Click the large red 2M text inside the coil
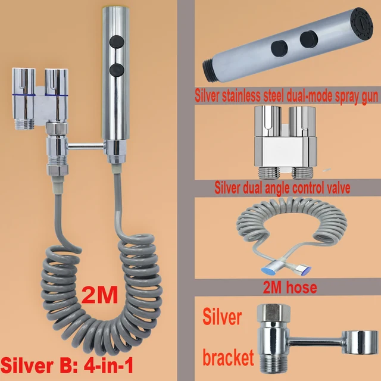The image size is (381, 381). coord(99,295)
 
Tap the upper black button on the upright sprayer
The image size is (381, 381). coord(117,42)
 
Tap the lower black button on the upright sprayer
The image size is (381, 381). coord(117,69)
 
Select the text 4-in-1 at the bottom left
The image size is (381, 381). coord(108,366)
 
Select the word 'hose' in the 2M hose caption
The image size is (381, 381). coord(302,288)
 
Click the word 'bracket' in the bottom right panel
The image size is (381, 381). coord(228,357)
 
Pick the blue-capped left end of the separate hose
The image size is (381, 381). coord(268,270)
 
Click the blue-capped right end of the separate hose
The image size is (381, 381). coord(304,270)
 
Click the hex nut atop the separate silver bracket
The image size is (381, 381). coord(274,313)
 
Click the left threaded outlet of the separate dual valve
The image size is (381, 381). coord(268,172)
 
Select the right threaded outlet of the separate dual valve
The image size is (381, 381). coord(302,173)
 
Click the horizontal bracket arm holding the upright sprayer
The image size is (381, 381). coord(86,146)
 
